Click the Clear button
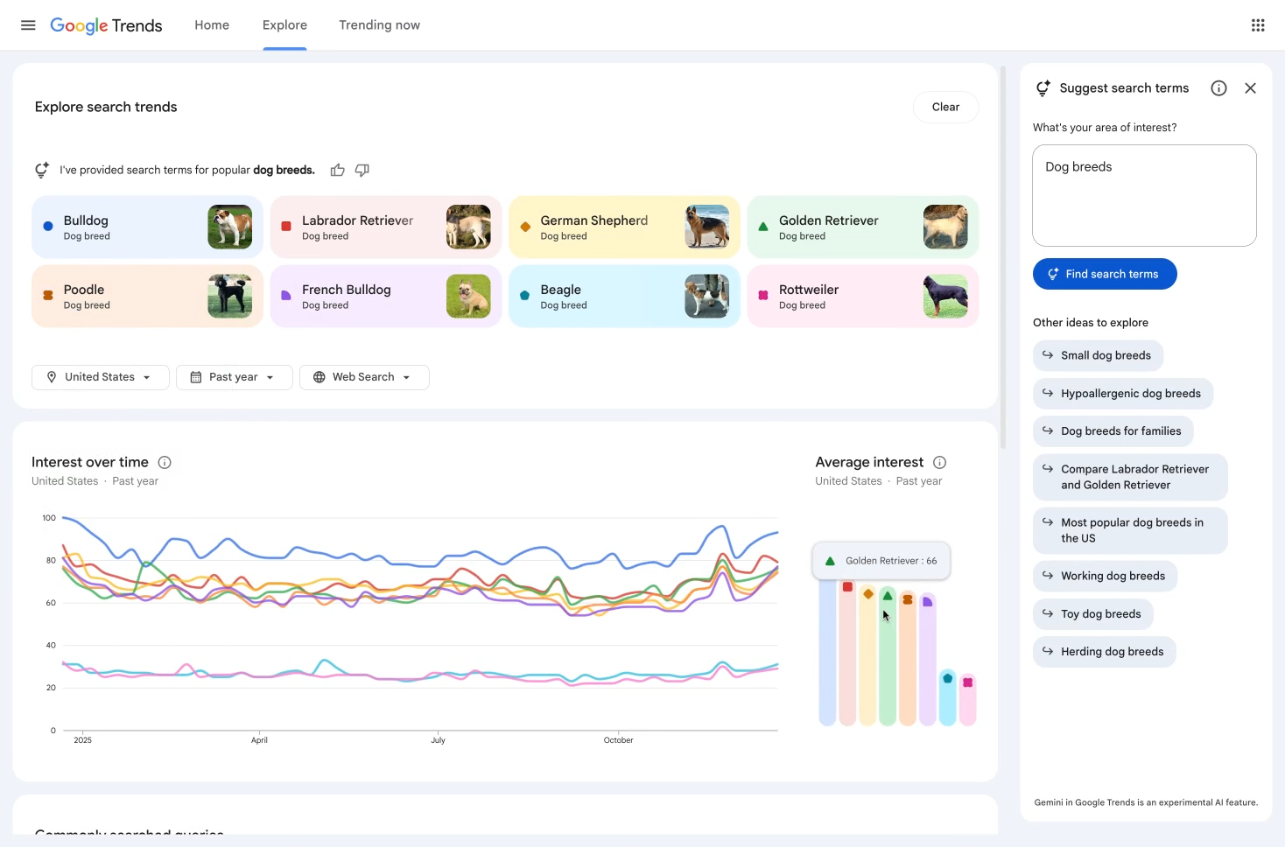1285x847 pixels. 945,107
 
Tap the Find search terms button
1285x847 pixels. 1105,274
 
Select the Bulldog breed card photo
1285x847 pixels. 230,227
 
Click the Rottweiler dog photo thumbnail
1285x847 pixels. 945,296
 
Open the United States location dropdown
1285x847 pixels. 100,377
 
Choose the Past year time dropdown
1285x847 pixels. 234,377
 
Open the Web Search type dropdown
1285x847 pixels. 363,377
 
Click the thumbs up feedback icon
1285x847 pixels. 338,170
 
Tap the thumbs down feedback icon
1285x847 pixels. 362,170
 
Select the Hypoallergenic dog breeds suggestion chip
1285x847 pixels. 1122,394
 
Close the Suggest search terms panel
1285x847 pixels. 1250,88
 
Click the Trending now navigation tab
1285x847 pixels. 379,25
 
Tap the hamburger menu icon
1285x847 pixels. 28,25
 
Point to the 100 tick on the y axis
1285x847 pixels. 49,518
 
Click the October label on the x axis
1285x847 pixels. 618,740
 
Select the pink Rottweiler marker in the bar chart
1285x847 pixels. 967,682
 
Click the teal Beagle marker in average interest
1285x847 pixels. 947,678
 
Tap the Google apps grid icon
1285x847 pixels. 1258,25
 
